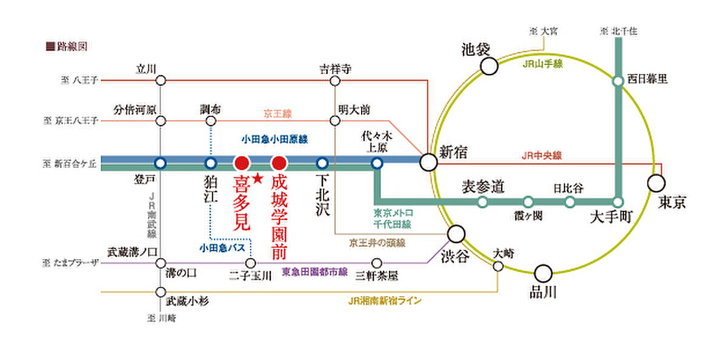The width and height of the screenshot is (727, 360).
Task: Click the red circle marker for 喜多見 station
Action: (242, 162)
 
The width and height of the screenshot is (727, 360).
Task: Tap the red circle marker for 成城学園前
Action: (279, 162)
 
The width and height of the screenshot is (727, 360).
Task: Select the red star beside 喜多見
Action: (257, 178)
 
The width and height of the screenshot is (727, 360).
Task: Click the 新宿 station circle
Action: (429, 162)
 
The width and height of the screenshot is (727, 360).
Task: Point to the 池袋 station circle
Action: (489, 66)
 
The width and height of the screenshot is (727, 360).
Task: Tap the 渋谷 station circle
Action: (456, 234)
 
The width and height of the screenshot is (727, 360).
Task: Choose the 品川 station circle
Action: (543, 274)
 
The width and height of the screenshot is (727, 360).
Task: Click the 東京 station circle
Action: (656, 182)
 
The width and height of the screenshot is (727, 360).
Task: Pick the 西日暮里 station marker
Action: (618, 80)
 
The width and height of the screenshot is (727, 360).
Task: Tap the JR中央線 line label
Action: (542, 156)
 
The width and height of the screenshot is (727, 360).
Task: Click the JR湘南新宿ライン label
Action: (385, 301)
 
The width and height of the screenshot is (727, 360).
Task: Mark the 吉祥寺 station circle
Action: (335, 80)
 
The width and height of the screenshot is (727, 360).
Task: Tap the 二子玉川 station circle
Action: (251, 264)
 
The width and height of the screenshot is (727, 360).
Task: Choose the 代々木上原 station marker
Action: (377, 162)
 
